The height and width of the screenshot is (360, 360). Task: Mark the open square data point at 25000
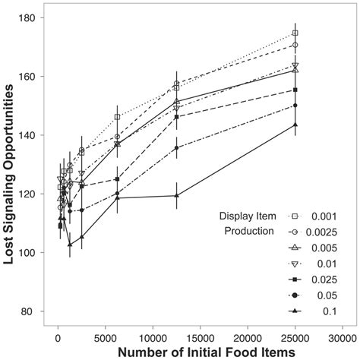[295, 33]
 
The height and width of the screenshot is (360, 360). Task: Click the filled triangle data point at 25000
[295, 125]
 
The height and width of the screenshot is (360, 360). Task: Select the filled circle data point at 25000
[295, 106]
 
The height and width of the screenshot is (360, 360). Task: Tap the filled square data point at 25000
[295, 90]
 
